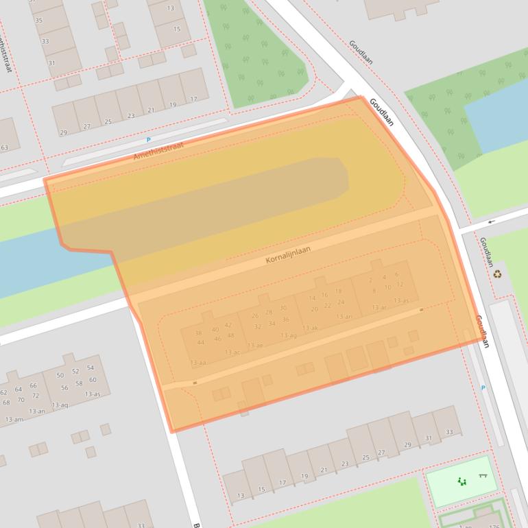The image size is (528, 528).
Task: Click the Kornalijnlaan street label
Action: coord(288,254)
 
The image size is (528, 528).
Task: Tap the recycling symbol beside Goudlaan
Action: coord(497,274)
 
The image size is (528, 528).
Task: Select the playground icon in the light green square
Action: coord(461,482)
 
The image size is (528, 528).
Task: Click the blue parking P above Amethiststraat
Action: coord(148,140)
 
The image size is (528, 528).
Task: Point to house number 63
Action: coord(4,147)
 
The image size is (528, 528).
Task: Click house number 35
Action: coord(38,21)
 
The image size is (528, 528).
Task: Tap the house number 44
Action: coord(200,342)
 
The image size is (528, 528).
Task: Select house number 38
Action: coord(198,333)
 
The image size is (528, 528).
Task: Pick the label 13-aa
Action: coord(198,361)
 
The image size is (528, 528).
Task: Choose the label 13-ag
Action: coord(289,335)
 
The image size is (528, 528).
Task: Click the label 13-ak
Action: coord(310,328)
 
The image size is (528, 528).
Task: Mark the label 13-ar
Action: coord(379,308)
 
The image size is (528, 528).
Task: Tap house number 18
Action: coord(338,291)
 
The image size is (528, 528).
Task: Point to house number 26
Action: coord(255,315)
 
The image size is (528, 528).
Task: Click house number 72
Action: coord(36,396)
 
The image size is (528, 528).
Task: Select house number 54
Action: coord(90,368)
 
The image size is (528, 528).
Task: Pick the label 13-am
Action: coord(14,419)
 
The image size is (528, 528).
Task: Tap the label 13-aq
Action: coord(60,405)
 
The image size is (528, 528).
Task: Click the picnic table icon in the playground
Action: coord(483,477)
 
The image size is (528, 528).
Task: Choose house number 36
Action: coord(285,320)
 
